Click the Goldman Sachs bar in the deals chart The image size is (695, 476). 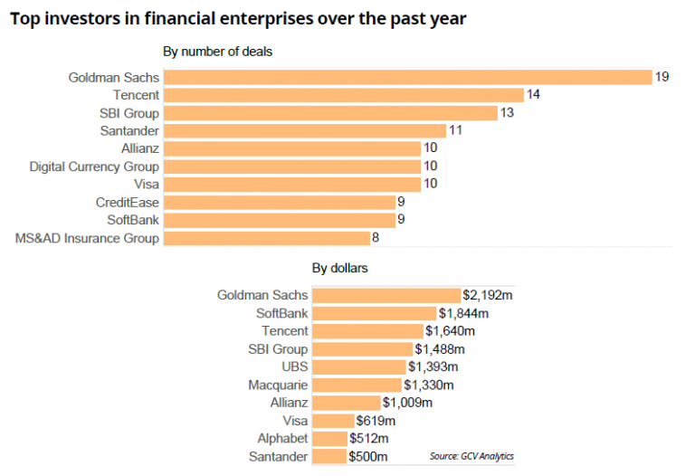(407, 77)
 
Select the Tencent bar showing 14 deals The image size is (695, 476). (344, 95)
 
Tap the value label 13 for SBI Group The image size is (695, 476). (509, 113)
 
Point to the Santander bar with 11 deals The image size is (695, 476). (304, 131)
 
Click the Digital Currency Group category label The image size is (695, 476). (94, 167)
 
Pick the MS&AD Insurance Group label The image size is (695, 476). (87, 238)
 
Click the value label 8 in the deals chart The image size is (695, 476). (376, 238)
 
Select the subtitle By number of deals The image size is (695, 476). (217, 52)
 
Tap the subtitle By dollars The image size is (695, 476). (339, 268)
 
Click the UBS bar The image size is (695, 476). (359, 367)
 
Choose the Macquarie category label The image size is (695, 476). (278, 385)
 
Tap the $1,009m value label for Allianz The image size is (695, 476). (407, 403)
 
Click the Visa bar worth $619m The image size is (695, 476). (332, 421)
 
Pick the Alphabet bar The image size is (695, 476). (329, 439)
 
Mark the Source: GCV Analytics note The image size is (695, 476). (478, 455)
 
